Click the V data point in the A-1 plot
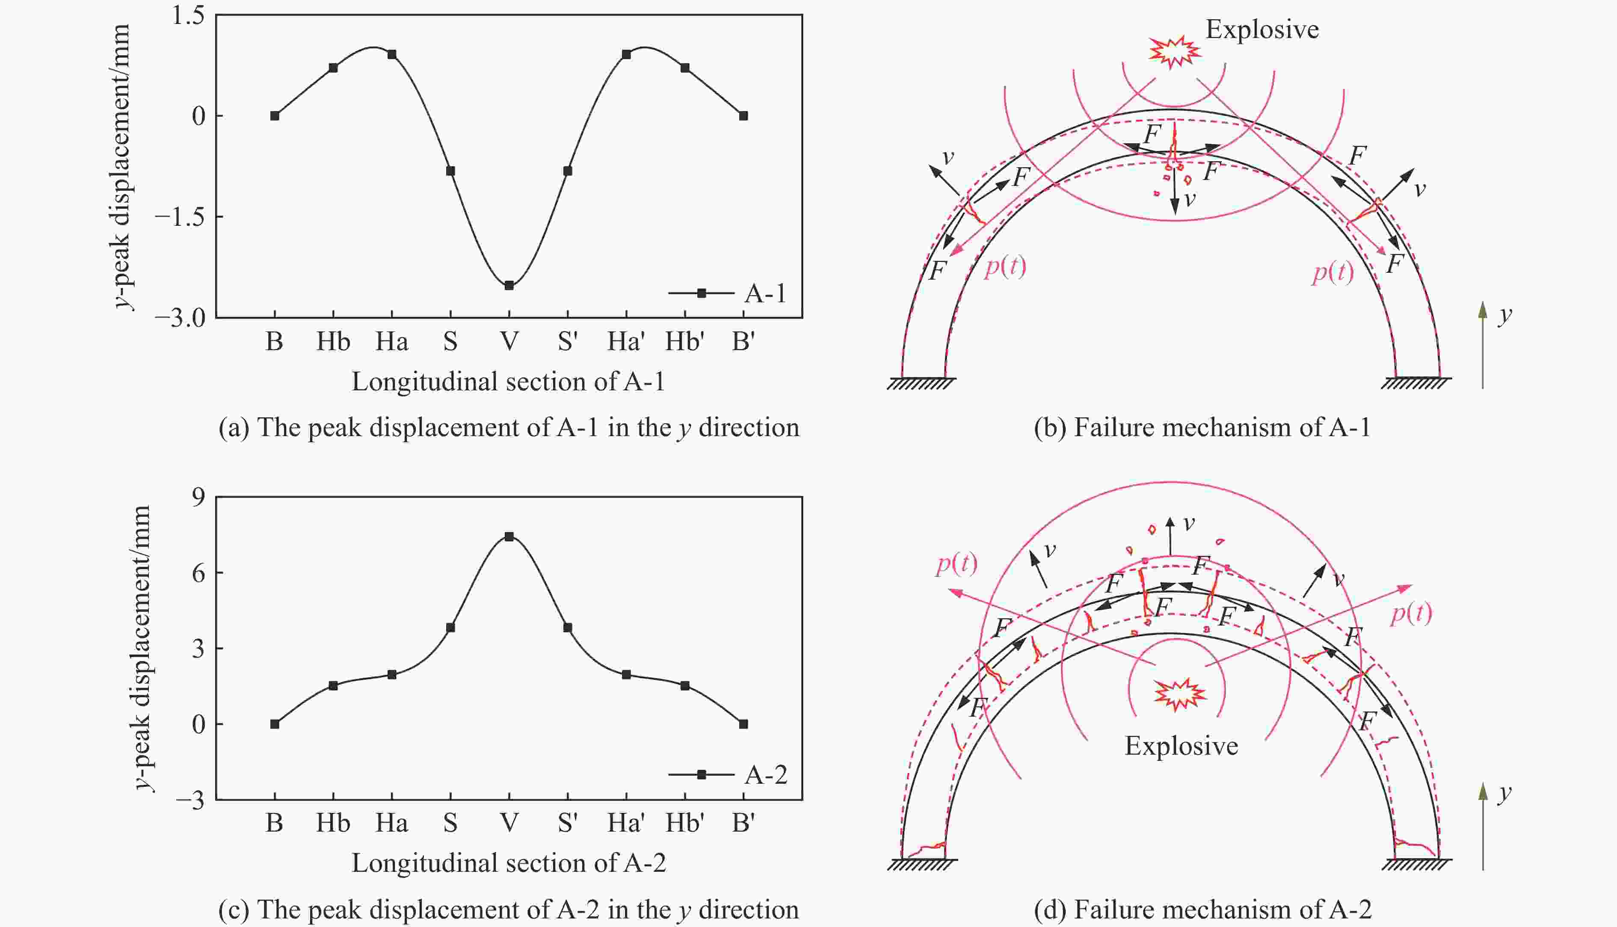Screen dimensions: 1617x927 click(509, 285)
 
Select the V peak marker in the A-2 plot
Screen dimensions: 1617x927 click(509, 537)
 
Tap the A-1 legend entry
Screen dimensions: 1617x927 click(727, 293)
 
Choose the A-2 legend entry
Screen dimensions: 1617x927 click(727, 774)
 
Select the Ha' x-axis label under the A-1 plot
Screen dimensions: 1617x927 click(626, 342)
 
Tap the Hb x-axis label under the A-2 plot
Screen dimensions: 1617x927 click(333, 823)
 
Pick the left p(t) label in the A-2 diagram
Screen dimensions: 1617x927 click(956, 564)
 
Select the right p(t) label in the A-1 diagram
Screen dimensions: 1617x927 click(1333, 272)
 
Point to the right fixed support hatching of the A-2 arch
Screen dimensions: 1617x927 click(1416, 864)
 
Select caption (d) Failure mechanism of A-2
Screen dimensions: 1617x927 click(1202, 909)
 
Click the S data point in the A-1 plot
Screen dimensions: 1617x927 click(450, 171)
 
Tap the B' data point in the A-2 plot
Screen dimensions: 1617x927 click(743, 724)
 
